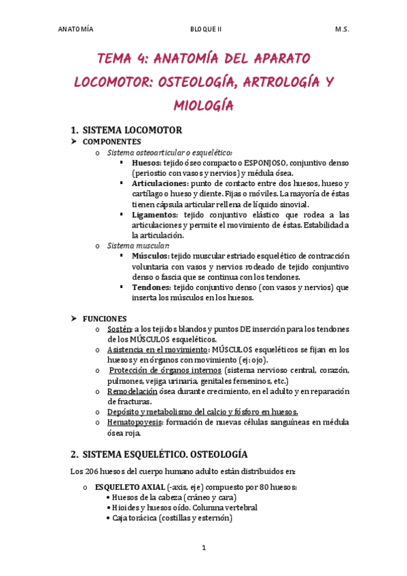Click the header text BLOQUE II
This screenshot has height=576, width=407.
[204, 30]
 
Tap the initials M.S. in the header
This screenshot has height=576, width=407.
[342, 30]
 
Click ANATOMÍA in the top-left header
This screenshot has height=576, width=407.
[76, 30]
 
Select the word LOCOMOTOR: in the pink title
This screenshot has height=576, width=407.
[112, 82]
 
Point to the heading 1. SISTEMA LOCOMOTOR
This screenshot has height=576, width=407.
[126, 130]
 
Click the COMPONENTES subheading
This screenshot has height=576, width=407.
[111, 142]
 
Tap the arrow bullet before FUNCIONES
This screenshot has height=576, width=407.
[75, 318]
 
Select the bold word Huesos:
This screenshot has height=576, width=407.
[146, 163]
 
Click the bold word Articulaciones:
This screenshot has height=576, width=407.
[160, 183]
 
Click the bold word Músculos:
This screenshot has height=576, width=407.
[150, 256]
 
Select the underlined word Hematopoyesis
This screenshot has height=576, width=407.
[133, 422]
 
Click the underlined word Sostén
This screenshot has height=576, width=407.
[119, 329]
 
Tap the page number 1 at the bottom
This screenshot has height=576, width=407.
[203, 547]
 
